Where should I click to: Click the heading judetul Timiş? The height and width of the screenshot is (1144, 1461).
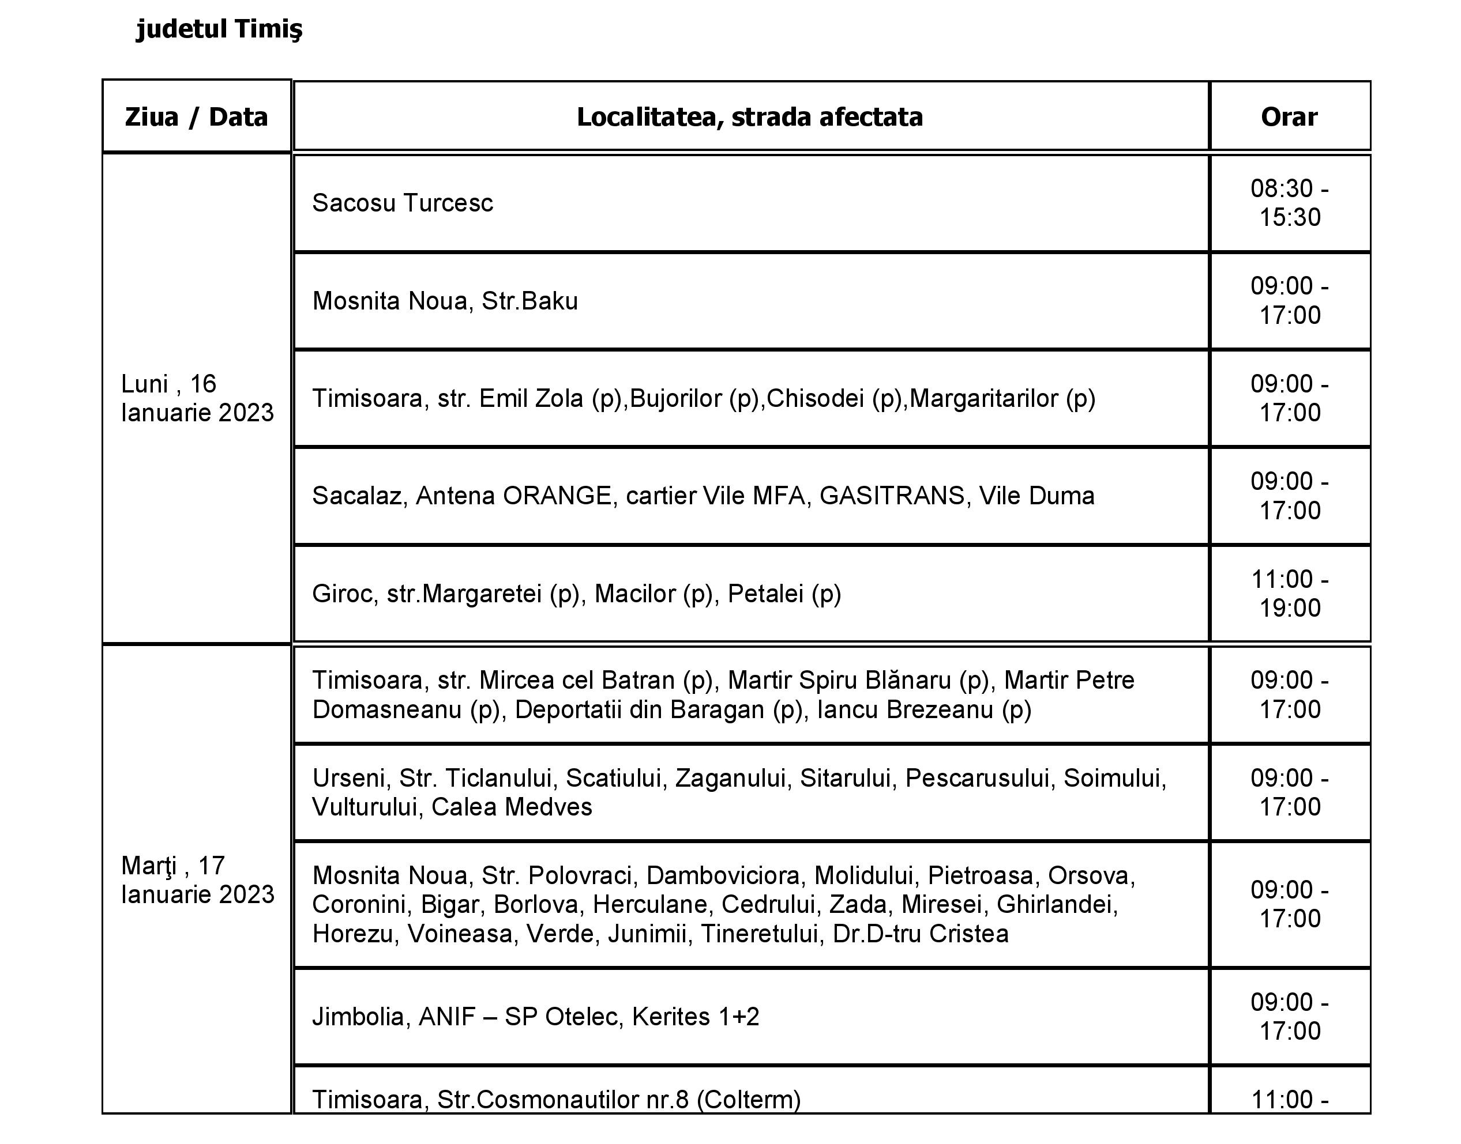click(x=219, y=29)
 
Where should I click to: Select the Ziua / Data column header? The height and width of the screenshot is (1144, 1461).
click(x=196, y=117)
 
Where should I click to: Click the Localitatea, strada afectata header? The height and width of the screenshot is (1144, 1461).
click(x=749, y=117)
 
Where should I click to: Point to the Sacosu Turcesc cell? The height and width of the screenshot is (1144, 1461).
click(x=402, y=203)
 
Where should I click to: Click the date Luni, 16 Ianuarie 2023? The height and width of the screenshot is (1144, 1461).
click(x=197, y=398)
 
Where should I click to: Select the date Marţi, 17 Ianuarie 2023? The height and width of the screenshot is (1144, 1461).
click(x=197, y=880)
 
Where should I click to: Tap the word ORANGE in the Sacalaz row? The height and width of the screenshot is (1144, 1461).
click(x=557, y=496)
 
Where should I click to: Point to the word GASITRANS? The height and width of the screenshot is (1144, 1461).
click(x=891, y=496)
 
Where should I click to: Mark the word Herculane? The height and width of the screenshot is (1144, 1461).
click(x=649, y=905)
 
